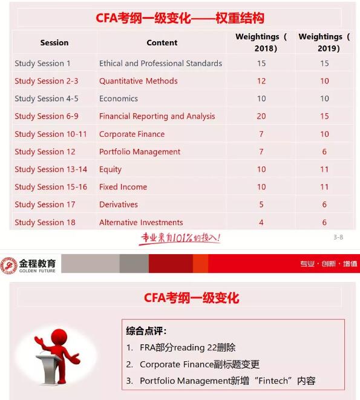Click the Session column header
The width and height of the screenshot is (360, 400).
(x=54, y=43)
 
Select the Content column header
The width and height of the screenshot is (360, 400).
(x=162, y=43)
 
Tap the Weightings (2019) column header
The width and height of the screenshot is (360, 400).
(x=324, y=42)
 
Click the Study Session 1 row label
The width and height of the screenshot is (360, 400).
(x=43, y=64)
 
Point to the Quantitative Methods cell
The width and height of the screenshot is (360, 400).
(x=139, y=81)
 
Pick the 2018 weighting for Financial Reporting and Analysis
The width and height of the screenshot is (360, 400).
(x=261, y=116)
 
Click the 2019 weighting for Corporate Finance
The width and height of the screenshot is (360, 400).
(x=325, y=134)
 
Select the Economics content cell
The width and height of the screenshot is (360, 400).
(x=119, y=99)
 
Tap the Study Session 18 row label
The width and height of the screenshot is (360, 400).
(x=45, y=222)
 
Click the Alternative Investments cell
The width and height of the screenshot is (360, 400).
(x=141, y=222)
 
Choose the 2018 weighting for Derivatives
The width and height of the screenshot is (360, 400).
(x=261, y=205)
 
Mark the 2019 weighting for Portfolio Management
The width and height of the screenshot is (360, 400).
(x=325, y=152)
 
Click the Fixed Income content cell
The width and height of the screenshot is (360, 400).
(x=123, y=187)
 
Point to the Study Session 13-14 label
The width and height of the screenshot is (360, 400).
(x=51, y=169)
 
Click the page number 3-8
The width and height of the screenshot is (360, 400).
(x=338, y=237)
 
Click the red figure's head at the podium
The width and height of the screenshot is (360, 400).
(x=59, y=336)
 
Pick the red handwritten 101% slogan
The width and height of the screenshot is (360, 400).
(x=180, y=238)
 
